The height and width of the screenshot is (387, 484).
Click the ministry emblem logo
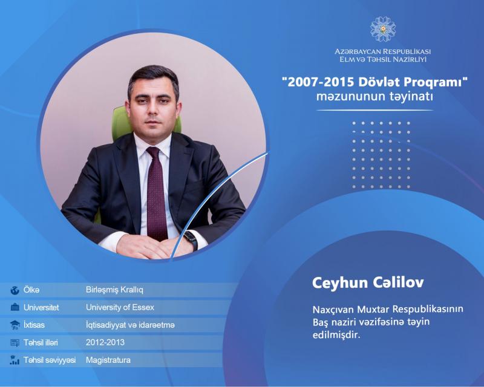click(x=383, y=29)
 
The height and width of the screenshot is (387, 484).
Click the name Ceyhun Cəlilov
click(x=368, y=282)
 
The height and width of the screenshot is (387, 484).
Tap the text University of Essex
click(x=120, y=307)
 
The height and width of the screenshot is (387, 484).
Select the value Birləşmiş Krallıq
click(x=114, y=290)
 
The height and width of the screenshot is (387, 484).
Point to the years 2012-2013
click(x=105, y=342)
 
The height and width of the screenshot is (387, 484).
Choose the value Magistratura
click(x=108, y=360)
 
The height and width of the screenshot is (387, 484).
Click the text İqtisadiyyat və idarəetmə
click(x=130, y=325)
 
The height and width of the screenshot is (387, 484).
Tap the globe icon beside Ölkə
click(x=15, y=290)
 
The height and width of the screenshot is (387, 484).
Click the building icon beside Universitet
click(x=15, y=307)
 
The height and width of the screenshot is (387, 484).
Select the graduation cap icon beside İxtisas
click(x=15, y=325)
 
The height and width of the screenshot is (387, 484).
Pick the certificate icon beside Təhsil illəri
click(x=15, y=343)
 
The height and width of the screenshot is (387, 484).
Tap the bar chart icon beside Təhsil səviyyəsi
click(x=15, y=360)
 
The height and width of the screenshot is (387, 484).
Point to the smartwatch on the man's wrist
click(x=191, y=240)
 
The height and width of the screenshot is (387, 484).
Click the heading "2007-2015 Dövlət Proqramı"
click(x=374, y=82)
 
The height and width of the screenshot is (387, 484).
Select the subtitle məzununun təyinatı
click(x=374, y=97)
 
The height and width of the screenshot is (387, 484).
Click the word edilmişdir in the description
click(x=336, y=335)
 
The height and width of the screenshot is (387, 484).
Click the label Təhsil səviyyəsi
click(x=50, y=360)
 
